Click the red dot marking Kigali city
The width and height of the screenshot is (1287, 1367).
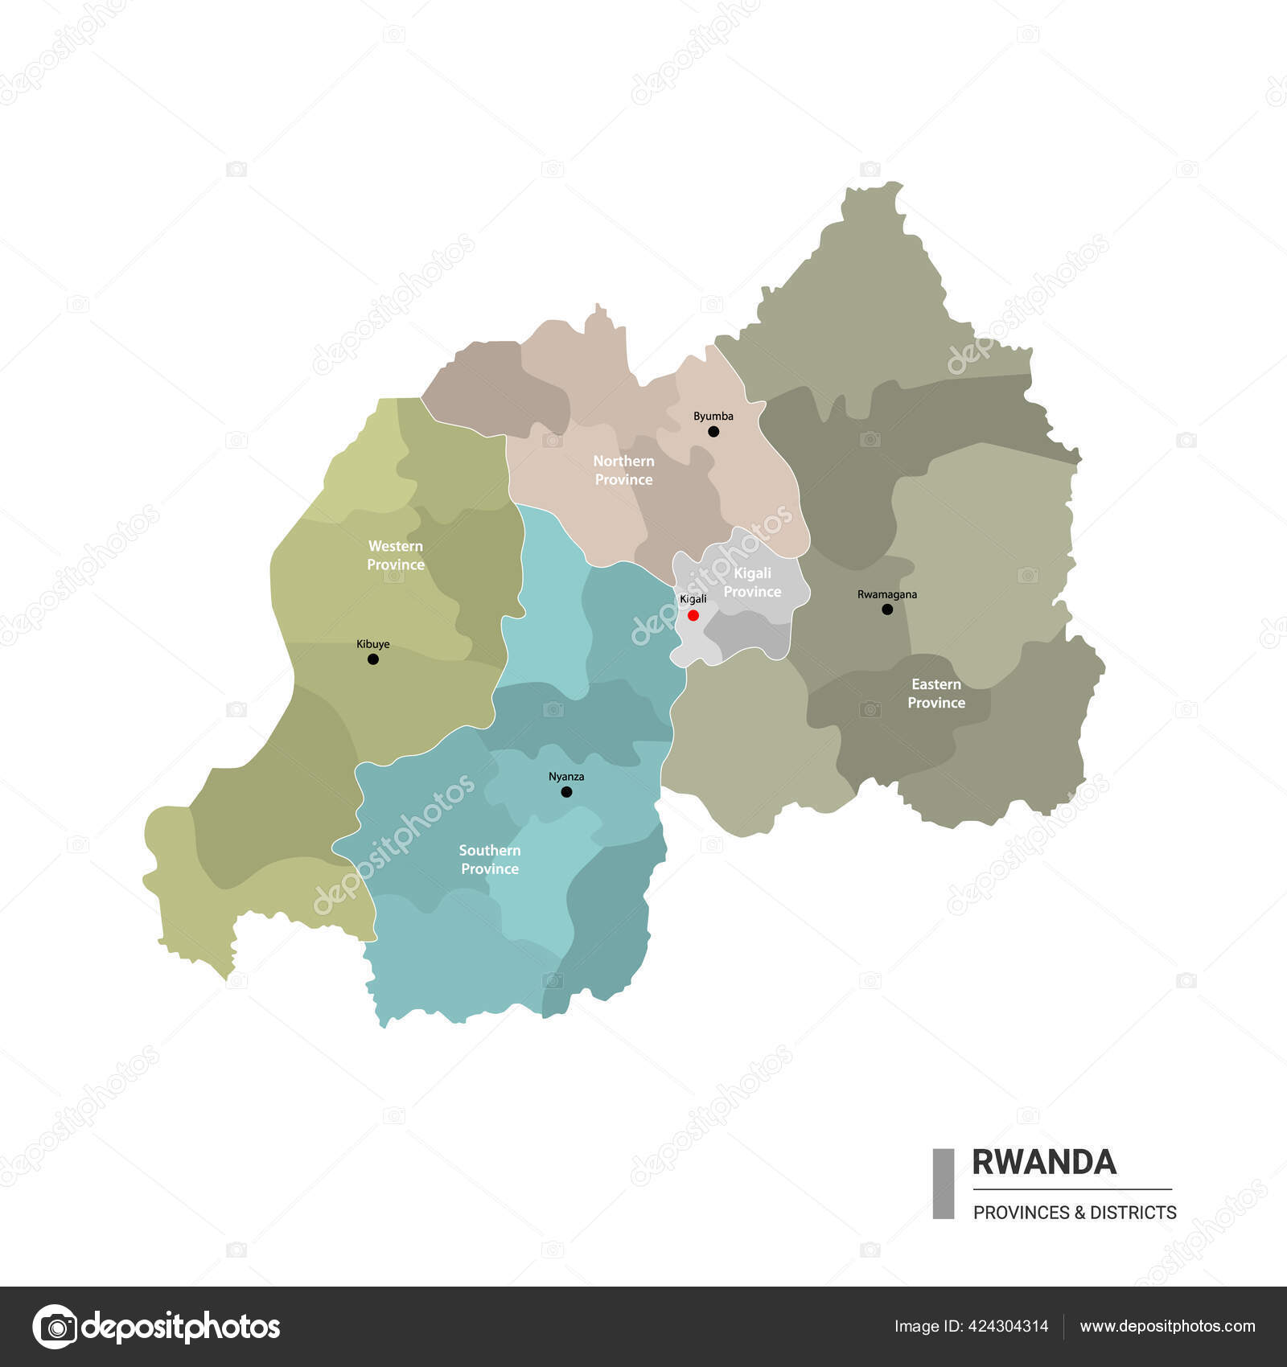pos(693,615)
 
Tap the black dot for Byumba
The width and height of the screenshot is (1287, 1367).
pos(713,432)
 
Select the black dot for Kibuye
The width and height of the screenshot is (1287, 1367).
pos(373,659)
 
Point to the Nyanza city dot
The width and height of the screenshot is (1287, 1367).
pos(566,792)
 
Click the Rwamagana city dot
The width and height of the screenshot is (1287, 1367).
pos(887,610)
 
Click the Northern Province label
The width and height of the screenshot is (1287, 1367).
pos(623,470)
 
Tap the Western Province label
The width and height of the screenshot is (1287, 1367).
pos(396,556)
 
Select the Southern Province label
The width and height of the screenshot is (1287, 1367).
pos(490,860)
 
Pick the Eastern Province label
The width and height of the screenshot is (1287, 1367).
pos(936,693)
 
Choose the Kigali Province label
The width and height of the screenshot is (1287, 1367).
pos(752,582)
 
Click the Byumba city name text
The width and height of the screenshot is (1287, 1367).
pos(713,417)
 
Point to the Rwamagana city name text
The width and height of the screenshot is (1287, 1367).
pos(887,595)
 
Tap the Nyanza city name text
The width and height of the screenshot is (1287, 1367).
pos(566,777)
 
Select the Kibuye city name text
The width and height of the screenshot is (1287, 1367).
pos(373,644)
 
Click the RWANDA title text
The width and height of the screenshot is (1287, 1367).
pos(1044,1163)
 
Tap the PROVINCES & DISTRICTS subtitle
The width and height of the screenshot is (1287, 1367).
pos(1075,1213)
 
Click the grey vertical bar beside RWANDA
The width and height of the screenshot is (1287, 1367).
pos(944,1184)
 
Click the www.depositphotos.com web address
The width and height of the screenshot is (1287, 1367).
pos(1167,1326)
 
